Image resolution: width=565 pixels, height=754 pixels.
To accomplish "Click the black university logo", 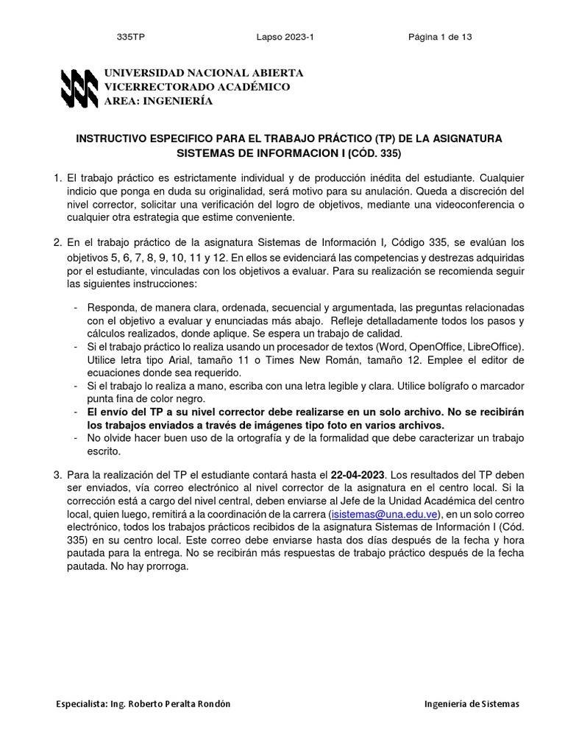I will [78, 88].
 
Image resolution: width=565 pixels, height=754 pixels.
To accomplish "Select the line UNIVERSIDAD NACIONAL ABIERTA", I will [203, 74].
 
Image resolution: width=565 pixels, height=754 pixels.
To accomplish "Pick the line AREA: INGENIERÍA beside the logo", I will [158, 102].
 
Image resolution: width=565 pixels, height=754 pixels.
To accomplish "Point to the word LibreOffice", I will [491, 346].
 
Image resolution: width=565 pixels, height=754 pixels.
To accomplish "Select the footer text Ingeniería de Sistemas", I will [472, 704].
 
